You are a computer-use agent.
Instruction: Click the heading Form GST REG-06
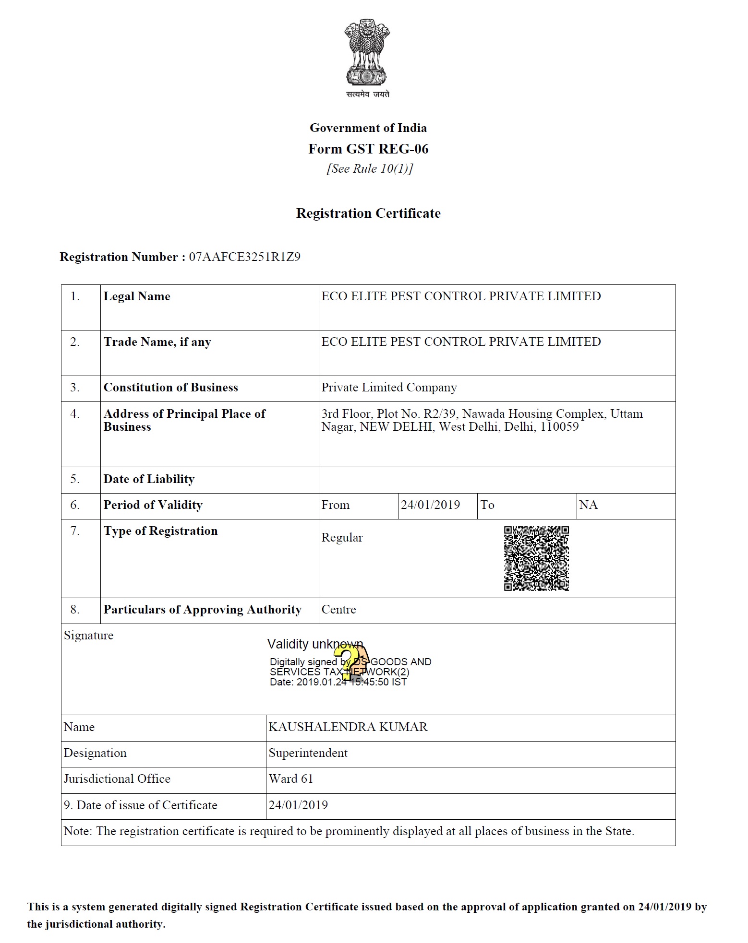(368, 149)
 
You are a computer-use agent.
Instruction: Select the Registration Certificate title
(368, 213)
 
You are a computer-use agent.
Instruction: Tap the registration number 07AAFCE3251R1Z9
(244, 257)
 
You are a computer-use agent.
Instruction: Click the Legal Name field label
(137, 296)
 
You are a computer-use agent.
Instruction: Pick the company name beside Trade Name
(461, 342)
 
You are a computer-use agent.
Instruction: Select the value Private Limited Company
(389, 388)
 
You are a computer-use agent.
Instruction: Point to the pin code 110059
(559, 427)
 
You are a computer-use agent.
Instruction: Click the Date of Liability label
(149, 479)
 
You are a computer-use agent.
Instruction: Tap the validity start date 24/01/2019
(430, 505)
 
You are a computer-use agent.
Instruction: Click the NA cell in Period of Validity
(588, 505)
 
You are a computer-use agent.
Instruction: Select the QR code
(536, 558)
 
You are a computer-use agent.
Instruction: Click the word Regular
(342, 538)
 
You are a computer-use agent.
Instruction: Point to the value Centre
(338, 610)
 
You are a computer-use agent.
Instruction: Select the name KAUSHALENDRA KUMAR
(348, 727)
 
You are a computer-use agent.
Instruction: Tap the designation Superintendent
(308, 753)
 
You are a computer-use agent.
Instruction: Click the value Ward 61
(290, 779)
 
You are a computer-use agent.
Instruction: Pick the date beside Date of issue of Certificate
(298, 805)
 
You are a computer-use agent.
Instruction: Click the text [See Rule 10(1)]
(370, 169)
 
